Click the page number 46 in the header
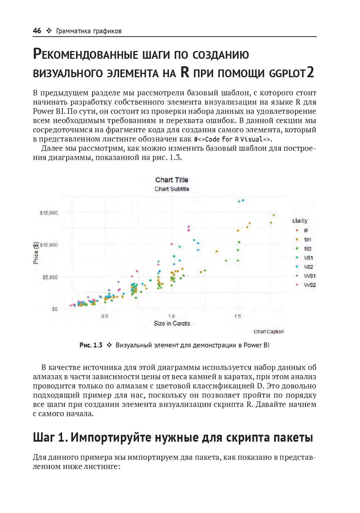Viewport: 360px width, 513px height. [x=37, y=31]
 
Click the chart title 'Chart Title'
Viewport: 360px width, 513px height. [x=171, y=180]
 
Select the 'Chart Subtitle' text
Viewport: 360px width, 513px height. [x=171, y=189]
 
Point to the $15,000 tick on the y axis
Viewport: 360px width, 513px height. [x=49, y=213]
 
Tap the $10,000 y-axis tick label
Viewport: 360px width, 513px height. [x=49, y=245]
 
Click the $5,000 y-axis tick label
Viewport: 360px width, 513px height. [x=50, y=277]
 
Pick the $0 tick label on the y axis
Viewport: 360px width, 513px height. [x=55, y=309]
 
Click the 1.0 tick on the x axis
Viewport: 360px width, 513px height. [x=171, y=316]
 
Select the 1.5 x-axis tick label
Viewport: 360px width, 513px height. [x=238, y=316]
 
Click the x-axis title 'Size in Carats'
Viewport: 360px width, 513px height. [x=172, y=323]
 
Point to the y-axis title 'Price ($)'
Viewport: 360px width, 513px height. [x=36, y=253]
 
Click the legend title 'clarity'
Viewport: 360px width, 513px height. [x=300, y=221]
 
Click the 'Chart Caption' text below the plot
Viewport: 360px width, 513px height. [x=269, y=332]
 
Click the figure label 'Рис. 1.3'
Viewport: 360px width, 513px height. [x=91, y=345]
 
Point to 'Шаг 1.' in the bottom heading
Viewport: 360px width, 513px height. [x=50, y=437]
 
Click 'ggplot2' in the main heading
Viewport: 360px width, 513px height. [x=291, y=73]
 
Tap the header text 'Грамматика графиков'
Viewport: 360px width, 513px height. [x=89, y=31]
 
